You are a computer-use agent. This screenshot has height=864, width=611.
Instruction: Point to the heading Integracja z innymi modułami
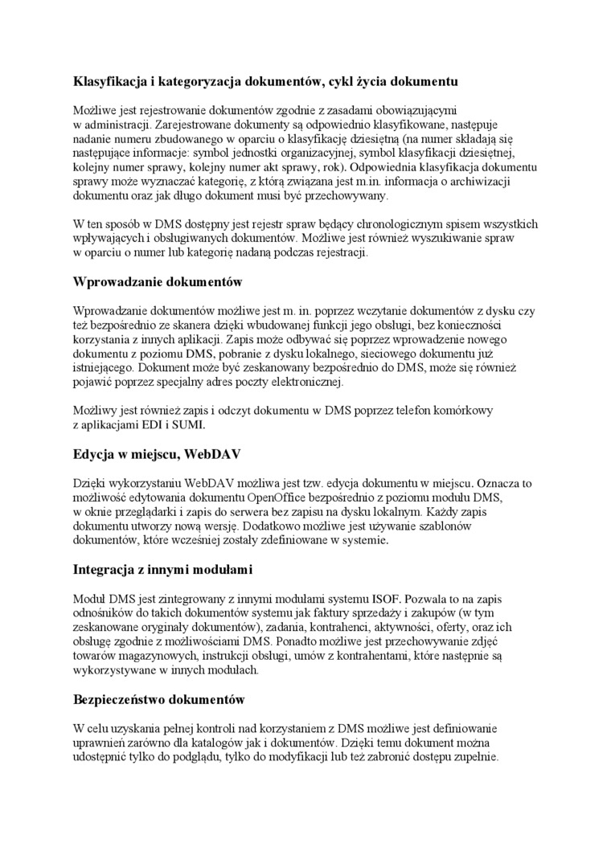pos(162,570)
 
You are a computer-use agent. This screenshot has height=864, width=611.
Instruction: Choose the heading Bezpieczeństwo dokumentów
pos(158,700)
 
